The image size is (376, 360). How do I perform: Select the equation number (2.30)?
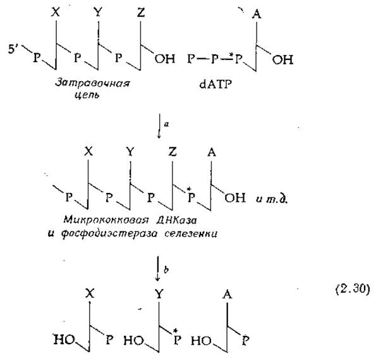click(352, 289)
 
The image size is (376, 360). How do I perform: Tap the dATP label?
click(215, 84)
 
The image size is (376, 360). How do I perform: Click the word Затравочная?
click(92, 84)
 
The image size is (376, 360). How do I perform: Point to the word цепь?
click(87, 96)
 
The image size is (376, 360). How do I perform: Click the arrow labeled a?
click(159, 126)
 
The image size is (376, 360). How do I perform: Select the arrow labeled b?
click(157, 268)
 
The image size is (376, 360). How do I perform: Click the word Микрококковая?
click(106, 220)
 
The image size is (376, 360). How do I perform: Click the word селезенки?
click(191, 233)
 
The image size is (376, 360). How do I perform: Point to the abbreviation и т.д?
click(272, 199)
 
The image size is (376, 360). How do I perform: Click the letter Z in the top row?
click(141, 12)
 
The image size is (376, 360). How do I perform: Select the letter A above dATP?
click(257, 14)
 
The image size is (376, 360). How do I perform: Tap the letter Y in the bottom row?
click(159, 294)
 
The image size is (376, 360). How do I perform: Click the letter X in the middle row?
click(88, 151)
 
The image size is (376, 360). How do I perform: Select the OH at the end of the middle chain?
click(235, 197)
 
